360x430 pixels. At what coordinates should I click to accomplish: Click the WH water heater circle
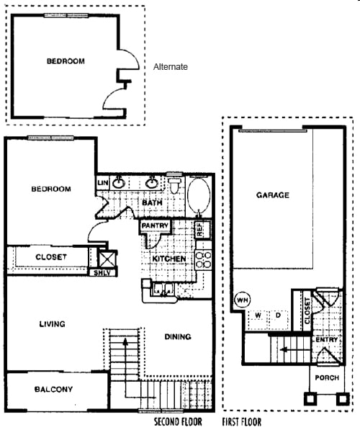[x=243, y=300]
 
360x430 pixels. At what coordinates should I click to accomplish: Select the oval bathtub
[x=199, y=195]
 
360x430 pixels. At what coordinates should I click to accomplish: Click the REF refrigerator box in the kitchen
[x=203, y=229]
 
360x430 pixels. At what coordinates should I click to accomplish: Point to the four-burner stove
[x=203, y=260]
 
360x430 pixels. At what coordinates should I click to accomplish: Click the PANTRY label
[x=155, y=225]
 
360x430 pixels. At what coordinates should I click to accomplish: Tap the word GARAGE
[x=273, y=195]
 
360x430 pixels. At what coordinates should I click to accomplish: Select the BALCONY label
[x=53, y=389]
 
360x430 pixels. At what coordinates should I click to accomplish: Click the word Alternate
[x=171, y=67]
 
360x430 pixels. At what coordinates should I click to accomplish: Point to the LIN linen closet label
[x=103, y=182]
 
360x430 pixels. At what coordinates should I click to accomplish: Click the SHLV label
[x=102, y=273]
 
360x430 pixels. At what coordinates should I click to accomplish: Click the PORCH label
[x=327, y=377]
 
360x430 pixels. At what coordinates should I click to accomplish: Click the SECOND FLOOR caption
[x=178, y=421]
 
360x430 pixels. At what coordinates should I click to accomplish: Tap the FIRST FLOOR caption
[x=241, y=421]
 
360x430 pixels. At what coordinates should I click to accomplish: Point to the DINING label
[x=178, y=336]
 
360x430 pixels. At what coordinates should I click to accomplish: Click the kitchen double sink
[x=163, y=289]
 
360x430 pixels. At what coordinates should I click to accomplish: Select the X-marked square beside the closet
[x=107, y=259]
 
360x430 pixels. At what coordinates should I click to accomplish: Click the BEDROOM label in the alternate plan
[x=66, y=61]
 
